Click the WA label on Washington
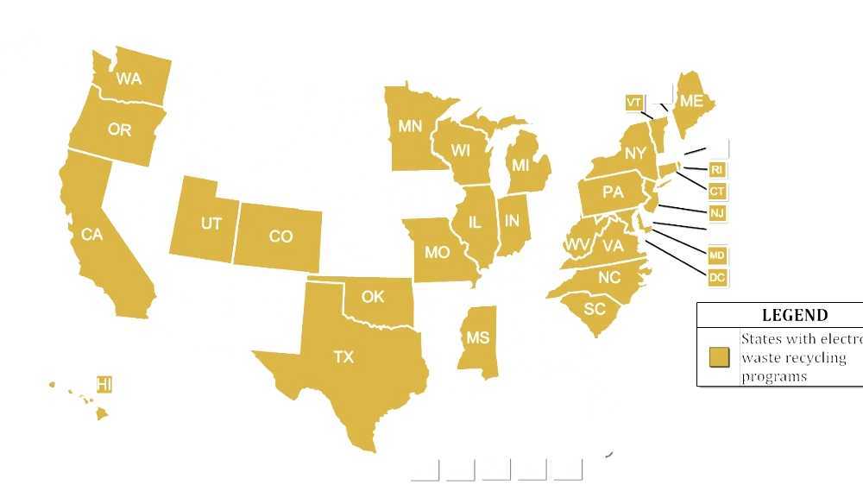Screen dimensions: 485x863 [x=129, y=79]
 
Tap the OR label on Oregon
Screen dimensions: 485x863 [x=119, y=130]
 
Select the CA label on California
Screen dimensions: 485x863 [x=91, y=234]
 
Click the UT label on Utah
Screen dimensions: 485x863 [x=211, y=224]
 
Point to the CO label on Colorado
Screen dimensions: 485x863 [x=280, y=236]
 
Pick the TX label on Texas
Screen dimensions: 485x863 [x=343, y=356]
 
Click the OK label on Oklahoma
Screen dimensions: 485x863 [x=373, y=296]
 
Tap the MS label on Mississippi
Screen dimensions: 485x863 [x=477, y=338]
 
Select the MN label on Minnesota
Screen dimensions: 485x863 [x=410, y=126]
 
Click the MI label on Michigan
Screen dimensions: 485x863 [x=520, y=165]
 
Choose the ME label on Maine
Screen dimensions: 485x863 [x=691, y=102]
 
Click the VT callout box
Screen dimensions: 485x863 [x=633, y=103]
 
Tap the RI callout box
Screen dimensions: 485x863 [x=716, y=170]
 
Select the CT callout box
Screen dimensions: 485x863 [x=716, y=192]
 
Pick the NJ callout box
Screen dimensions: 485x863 [x=716, y=213]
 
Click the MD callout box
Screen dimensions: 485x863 [x=716, y=256]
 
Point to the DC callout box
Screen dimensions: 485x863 [x=716, y=278]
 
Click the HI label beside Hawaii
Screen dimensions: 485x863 [x=104, y=385]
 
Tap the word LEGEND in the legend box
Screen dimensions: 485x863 [x=795, y=316]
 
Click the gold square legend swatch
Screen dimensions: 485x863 [x=719, y=357]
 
